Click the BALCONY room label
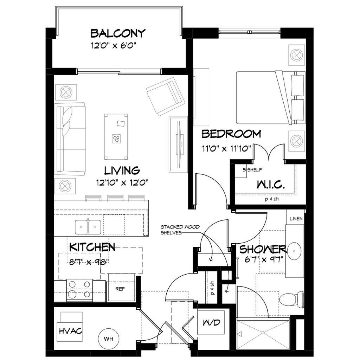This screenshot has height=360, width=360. pyautogui.click(x=118, y=33)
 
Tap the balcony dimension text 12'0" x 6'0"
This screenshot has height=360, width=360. pyautogui.click(x=114, y=46)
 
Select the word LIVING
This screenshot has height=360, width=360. pyautogui.click(x=122, y=171)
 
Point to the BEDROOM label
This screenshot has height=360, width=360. pyautogui.click(x=231, y=134)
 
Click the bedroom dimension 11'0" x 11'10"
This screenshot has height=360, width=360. pyautogui.click(x=226, y=148)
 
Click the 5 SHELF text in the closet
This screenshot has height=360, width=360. pyautogui.click(x=252, y=170)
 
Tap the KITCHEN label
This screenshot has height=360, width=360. pyautogui.click(x=92, y=247)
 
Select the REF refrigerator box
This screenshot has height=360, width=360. pyautogui.click(x=121, y=288)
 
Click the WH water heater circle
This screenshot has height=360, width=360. pyautogui.click(x=109, y=339)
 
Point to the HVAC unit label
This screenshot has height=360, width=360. pyautogui.click(x=70, y=331)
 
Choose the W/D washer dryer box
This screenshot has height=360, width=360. pyautogui.click(x=211, y=322)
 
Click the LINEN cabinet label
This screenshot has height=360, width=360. pyautogui.click(x=296, y=219)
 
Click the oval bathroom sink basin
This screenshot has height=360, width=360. pyautogui.click(x=295, y=251)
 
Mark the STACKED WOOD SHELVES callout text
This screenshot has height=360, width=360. pyautogui.click(x=180, y=230)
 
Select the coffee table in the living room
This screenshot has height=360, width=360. pyautogui.click(x=116, y=137)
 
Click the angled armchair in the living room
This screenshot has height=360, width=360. pyautogui.click(x=166, y=96)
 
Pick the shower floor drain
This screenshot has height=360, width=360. pyautogui.click(x=263, y=333)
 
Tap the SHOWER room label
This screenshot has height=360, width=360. pyautogui.click(x=263, y=249)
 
